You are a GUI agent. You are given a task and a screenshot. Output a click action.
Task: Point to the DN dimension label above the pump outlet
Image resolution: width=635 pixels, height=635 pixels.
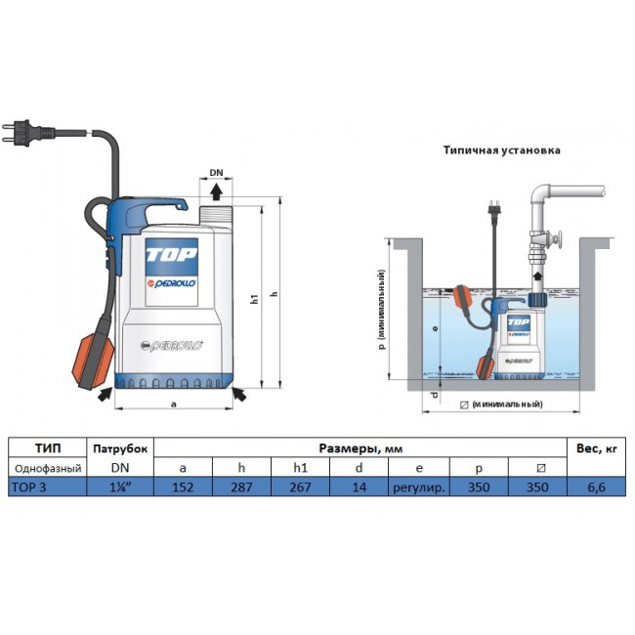point(218,174)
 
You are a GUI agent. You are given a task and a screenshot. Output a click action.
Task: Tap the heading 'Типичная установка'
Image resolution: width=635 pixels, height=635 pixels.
point(501,151)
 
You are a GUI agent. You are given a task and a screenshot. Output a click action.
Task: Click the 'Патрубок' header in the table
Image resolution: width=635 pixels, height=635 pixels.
point(120,448)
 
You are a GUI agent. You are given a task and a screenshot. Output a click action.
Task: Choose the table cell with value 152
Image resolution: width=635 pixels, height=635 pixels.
point(183,487)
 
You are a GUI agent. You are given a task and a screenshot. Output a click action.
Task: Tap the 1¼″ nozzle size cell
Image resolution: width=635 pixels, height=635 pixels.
point(120,487)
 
